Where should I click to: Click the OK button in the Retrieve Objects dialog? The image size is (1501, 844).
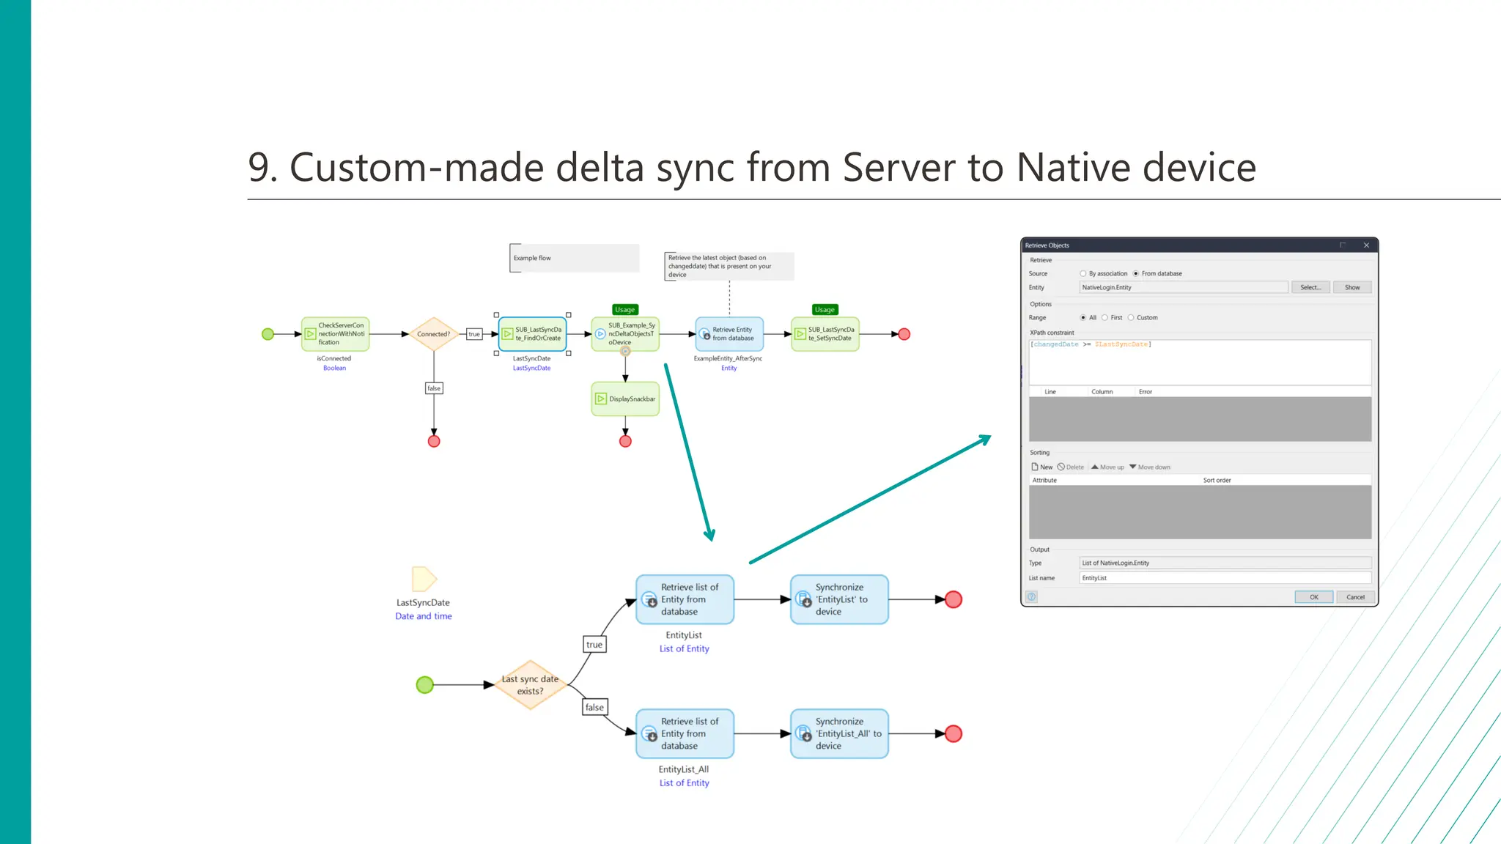(x=1313, y=597)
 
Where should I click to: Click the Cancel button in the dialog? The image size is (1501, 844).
(x=1354, y=597)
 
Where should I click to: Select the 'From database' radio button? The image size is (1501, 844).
(x=1135, y=274)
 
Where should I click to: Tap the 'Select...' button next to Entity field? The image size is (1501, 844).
(x=1310, y=288)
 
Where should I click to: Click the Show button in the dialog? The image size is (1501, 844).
(x=1351, y=288)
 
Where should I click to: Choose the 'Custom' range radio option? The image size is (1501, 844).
(x=1131, y=318)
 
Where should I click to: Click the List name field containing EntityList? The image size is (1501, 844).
(x=1224, y=578)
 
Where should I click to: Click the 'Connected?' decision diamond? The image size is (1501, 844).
(x=434, y=334)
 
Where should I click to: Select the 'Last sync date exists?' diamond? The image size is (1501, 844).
(x=530, y=685)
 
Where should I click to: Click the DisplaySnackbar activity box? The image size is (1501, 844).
(x=625, y=399)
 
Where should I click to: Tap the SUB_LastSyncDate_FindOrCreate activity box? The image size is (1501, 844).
(x=533, y=334)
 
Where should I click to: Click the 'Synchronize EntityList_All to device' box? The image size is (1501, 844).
(x=839, y=733)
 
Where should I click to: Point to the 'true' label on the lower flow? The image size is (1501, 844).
(x=594, y=645)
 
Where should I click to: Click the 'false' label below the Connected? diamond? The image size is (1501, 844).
(x=434, y=388)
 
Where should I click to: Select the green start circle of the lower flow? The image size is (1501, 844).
(x=424, y=685)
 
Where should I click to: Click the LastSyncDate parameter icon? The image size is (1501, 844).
(x=424, y=579)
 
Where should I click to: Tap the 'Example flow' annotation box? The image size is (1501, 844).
(x=574, y=258)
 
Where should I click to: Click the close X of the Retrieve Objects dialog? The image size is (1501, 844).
(x=1366, y=245)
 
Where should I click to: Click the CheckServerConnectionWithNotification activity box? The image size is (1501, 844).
(x=336, y=334)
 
